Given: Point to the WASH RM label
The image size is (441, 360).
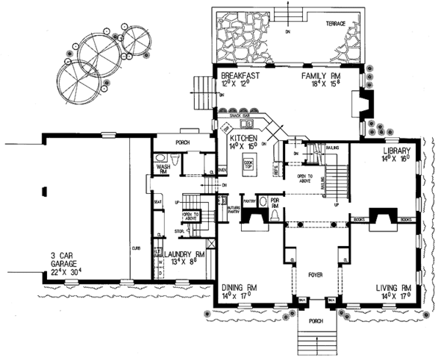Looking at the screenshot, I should [x=163, y=170].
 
